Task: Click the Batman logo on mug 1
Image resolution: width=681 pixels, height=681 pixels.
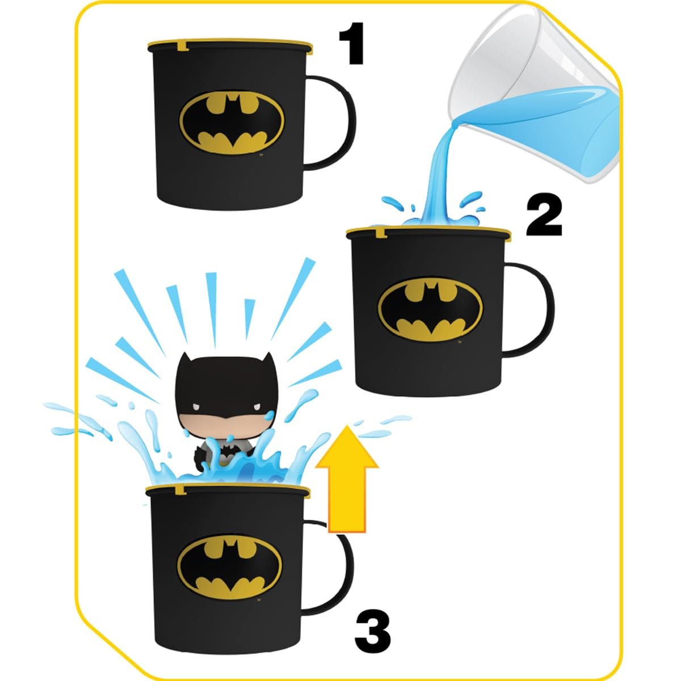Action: [232, 124]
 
